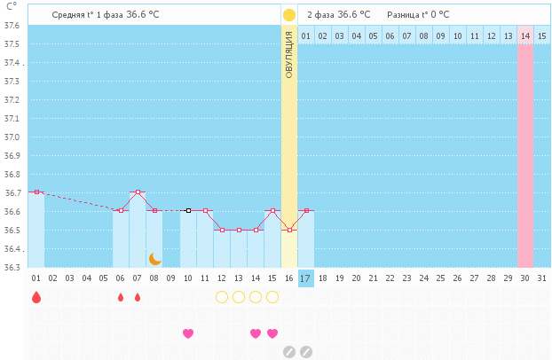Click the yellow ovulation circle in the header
tap(289, 15)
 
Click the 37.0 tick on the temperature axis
tap(13, 137)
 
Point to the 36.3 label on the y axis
tap(13, 267)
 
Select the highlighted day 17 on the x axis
tap(305, 278)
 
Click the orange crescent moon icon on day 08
tap(154, 258)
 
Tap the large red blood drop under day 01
tap(36, 297)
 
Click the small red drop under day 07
tap(138, 297)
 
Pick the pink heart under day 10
tap(188, 333)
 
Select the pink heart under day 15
tap(272, 333)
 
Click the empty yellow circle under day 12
tap(222, 297)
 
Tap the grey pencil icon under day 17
tap(306, 352)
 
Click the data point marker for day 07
tap(138, 192)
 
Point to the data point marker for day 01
tap(36, 192)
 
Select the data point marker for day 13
tap(239, 230)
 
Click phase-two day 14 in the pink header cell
tap(525, 35)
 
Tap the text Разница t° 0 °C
tap(418, 15)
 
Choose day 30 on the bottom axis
tap(525, 278)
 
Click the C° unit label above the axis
tap(11, 6)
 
